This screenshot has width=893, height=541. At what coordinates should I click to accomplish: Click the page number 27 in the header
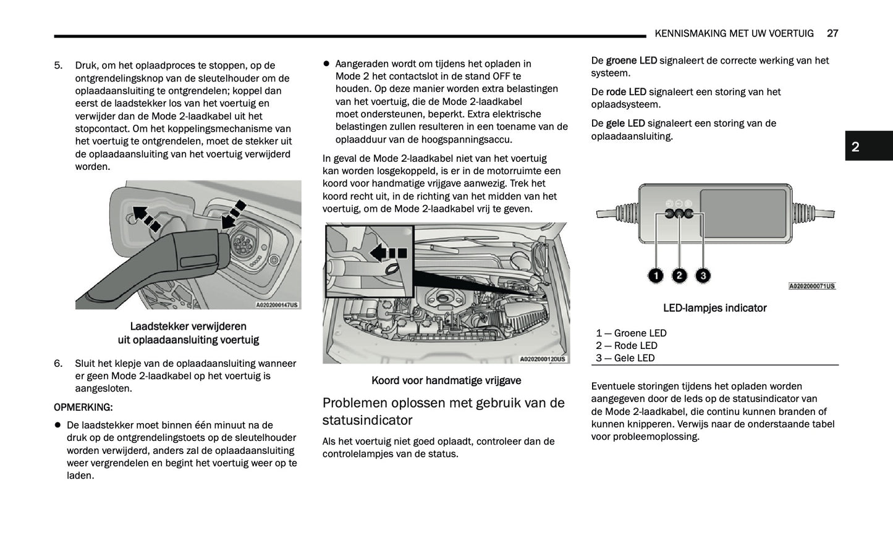832,33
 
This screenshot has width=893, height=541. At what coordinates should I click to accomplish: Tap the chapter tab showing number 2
855,146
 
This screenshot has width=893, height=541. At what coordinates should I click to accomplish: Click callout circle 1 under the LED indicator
656,275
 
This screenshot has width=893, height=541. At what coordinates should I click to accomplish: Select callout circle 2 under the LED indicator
679,275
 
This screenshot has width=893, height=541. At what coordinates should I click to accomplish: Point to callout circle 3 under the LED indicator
703,275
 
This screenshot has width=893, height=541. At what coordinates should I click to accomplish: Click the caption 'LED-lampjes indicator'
714,308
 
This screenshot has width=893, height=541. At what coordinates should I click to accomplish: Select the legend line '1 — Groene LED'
631,333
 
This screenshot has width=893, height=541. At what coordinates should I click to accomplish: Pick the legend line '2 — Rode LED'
627,346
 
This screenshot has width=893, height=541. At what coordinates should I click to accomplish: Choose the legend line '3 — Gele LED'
625,358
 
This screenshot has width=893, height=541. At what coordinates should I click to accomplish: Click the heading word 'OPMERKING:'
83,408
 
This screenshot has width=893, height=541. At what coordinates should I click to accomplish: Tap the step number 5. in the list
59,65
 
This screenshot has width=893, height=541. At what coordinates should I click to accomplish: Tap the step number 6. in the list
59,364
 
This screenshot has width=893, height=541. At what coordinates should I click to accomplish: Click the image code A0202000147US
277,304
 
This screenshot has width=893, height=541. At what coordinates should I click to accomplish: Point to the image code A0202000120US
543,359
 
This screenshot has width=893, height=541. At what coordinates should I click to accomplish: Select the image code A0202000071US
812,287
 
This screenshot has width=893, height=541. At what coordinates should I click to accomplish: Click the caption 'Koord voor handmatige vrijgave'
446,381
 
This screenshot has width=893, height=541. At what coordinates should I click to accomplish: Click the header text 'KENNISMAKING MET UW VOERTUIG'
734,33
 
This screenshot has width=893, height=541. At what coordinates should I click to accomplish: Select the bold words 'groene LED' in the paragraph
631,61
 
